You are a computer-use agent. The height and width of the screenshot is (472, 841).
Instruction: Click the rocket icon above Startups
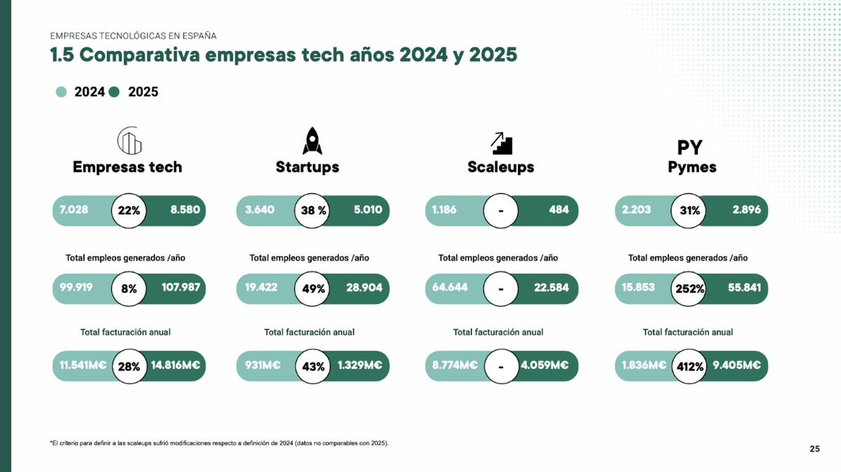click(313, 140)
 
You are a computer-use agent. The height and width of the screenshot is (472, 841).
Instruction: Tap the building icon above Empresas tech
click(129, 141)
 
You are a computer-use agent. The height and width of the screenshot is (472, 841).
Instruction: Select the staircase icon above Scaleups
click(501, 142)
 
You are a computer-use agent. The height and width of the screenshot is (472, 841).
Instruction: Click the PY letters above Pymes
click(690, 147)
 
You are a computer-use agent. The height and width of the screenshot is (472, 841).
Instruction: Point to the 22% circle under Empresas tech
click(129, 210)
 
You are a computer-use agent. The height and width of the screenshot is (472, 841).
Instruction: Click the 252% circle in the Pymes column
click(690, 288)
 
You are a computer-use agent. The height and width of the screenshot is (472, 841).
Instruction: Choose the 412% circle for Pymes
click(690, 366)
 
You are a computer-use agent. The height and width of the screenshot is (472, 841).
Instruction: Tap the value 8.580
click(185, 210)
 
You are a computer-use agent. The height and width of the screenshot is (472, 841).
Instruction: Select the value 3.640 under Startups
click(259, 210)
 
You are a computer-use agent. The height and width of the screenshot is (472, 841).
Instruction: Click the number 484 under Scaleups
click(559, 210)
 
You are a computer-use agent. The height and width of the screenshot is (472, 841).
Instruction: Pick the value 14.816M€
click(176, 366)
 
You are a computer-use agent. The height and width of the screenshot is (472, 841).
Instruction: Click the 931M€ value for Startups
click(263, 366)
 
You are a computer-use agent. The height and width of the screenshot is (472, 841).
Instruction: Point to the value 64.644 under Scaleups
click(450, 288)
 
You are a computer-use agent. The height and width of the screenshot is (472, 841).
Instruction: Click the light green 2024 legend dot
click(62, 92)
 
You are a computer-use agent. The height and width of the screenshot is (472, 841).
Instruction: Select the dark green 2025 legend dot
click(115, 92)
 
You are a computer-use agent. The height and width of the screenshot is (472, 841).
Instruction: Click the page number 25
click(814, 449)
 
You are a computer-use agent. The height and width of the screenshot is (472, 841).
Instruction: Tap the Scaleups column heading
click(500, 167)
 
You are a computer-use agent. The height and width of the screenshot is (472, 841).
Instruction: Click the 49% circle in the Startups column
click(313, 288)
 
